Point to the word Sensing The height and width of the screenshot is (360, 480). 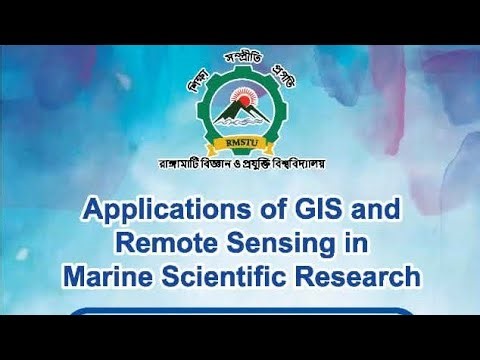(x=288, y=242)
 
